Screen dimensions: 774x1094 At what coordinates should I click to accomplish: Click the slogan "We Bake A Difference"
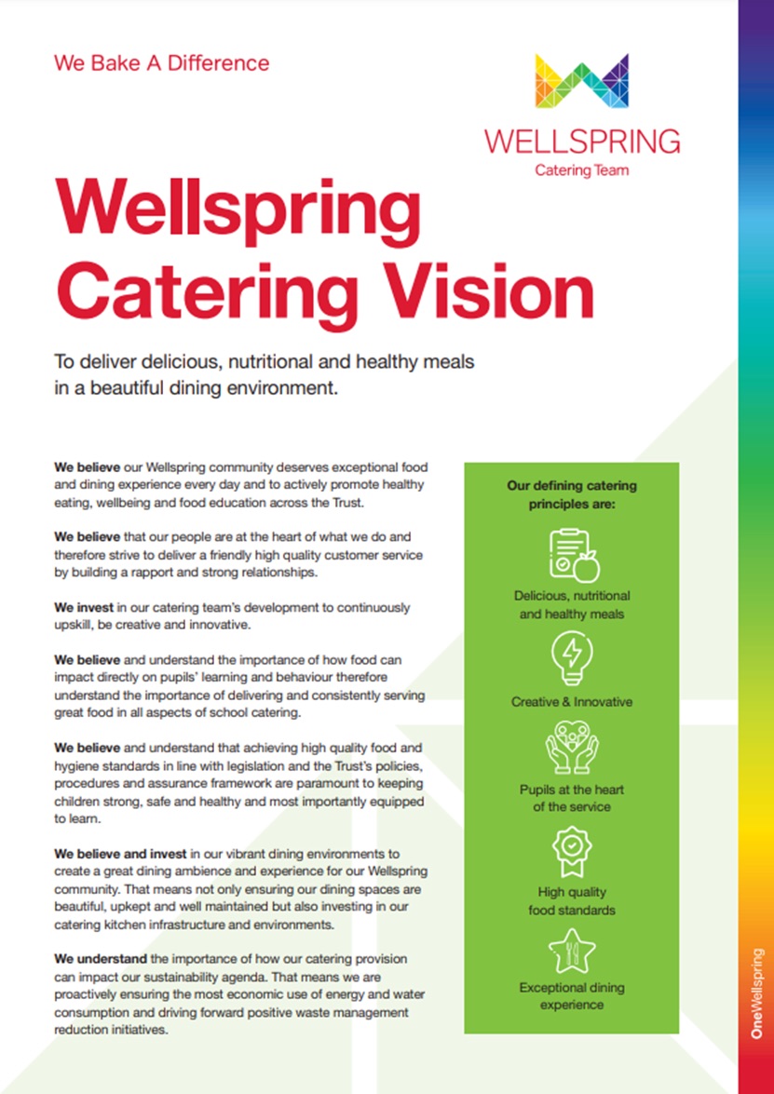click(x=161, y=63)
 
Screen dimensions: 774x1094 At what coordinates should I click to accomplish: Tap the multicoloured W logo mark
click(x=581, y=80)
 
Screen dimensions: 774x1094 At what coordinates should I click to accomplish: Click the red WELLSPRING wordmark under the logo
click(x=581, y=141)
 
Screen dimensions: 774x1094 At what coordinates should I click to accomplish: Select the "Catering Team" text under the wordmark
click(x=581, y=169)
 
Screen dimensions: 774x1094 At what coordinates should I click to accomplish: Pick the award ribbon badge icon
click(x=572, y=848)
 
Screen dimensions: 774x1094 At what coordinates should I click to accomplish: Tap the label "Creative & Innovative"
click(x=572, y=702)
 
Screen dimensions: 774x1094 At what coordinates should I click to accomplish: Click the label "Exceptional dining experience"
click(x=572, y=996)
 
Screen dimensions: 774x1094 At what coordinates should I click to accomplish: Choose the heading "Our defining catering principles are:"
click(x=572, y=494)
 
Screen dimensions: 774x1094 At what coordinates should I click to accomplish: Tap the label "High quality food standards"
click(x=572, y=900)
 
